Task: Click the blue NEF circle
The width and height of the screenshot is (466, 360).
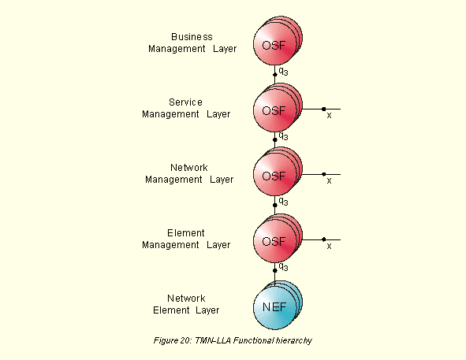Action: click(x=275, y=307)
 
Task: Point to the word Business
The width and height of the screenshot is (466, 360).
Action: click(x=192, y=37)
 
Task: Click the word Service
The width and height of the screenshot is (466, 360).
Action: click(x=185, y=102)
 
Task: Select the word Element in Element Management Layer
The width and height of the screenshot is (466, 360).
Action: click(x=186, y=233)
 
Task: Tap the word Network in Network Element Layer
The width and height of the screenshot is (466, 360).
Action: click(x=186, y=299)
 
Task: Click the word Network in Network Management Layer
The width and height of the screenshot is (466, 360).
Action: click(x=189, y=168)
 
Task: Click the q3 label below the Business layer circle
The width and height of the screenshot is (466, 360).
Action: click(x=283, y=71)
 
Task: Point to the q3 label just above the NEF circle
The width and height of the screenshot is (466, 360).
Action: click(x=283, y=267)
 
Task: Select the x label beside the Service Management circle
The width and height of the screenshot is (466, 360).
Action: click(x=329, y=115)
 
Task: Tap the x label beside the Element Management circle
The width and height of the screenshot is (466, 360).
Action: click(x=329, y=246)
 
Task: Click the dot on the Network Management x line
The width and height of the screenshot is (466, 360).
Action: click(x=323, y=174)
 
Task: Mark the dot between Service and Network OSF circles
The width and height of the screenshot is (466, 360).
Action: click(x=275, y=139)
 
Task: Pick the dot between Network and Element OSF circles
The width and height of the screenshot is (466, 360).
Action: click(x=275, y=205)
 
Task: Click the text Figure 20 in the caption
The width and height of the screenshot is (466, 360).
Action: click(x=173, y=340)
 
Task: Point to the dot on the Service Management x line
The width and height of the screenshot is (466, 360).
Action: click(x=323, y=109)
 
